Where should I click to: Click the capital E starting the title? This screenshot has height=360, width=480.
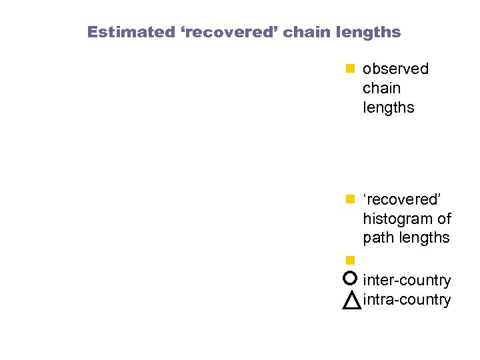coord(92,32)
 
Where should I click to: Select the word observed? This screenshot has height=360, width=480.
coord(395,69)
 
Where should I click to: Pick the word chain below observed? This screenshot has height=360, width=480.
coord(381,88)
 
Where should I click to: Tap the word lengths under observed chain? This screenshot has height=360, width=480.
coord(388,107)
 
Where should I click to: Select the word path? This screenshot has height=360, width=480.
coord(378,238)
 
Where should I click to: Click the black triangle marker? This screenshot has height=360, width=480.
coord(351,300)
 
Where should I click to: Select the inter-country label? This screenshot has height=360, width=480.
coord(407,281)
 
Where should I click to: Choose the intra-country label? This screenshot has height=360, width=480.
coord(407,300)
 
